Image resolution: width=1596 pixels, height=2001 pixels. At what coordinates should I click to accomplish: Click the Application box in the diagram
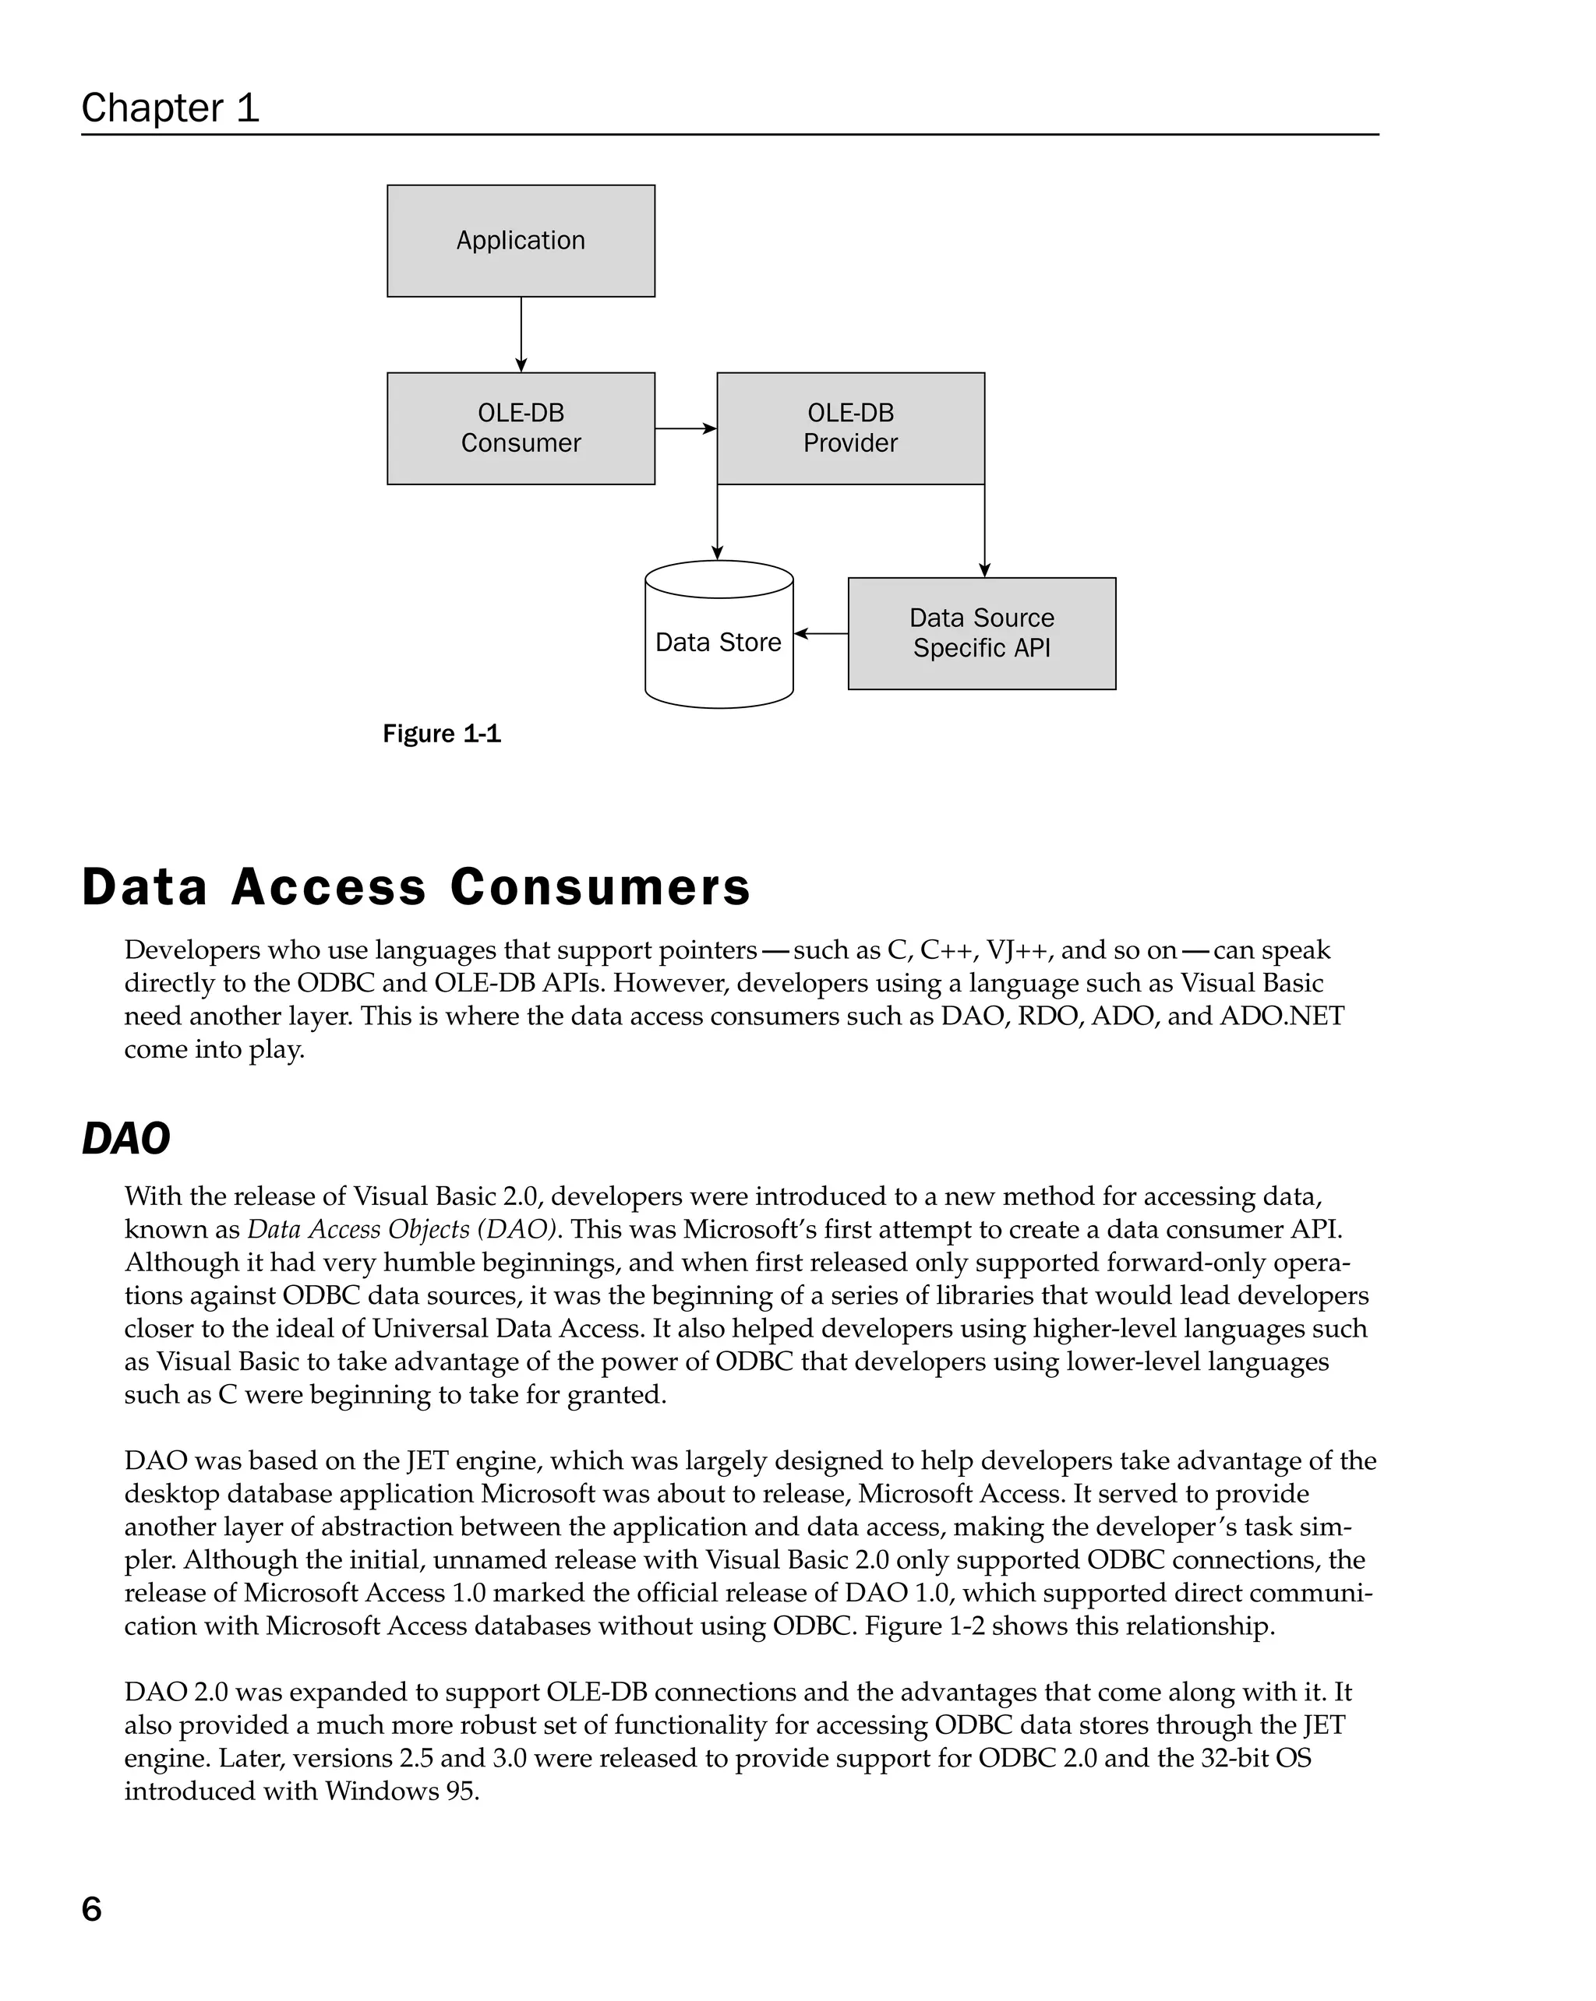click(x=520, y=241)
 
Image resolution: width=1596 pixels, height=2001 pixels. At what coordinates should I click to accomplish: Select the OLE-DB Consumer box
click(x=520, y=428)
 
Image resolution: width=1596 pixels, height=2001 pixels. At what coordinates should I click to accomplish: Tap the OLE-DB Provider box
click(x=849, y=428)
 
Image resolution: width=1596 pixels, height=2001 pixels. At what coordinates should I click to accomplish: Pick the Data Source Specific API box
click(x=981, y=633)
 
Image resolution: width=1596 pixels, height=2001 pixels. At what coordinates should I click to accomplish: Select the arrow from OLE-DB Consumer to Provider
click(x=685, y=428)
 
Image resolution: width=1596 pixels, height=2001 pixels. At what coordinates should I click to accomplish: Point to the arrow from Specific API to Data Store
click(x=821, y=634)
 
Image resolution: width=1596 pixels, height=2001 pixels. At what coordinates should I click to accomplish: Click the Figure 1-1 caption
click(x=441, y=735)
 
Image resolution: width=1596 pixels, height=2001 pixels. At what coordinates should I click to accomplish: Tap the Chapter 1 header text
click(x=170, y=107)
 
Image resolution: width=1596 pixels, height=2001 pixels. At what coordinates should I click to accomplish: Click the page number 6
click(x=91, y=1909)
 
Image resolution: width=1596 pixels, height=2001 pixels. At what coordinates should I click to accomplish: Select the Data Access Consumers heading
click(x=415, y=886)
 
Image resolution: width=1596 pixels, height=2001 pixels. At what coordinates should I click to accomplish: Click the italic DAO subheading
click(x=126, y=1139)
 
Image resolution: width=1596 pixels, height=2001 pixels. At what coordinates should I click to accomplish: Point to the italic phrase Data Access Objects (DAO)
click(x=403, y=1230)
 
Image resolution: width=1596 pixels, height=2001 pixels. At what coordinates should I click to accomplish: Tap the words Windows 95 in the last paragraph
click(x=401, y=1791)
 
